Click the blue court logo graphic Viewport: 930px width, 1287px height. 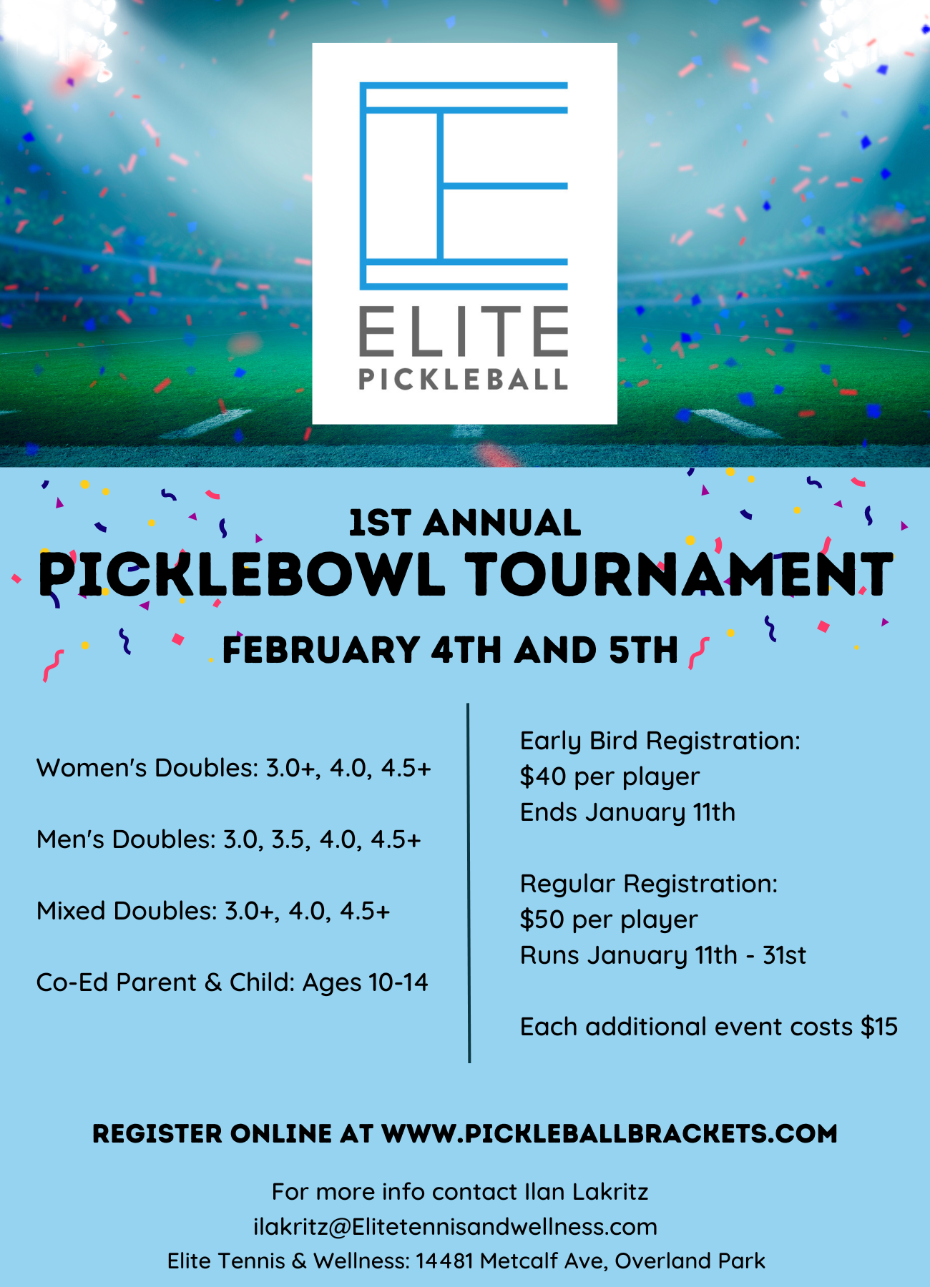pos(464,186)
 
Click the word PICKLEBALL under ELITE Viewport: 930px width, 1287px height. pos(464,379)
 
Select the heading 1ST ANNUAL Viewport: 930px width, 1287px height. pos(465,523)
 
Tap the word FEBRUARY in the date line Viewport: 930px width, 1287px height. pos(320,650)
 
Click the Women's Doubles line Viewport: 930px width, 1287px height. pos(234,768)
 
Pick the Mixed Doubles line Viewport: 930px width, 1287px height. pos(213,911)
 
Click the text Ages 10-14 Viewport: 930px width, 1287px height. pos(366,983)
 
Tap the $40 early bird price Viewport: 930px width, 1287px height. pos(542,776)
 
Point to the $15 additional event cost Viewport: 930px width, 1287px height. pos(878,1027)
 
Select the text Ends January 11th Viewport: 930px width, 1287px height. pos(627,813)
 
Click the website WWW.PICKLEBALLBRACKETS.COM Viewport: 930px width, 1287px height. pos(610,1133)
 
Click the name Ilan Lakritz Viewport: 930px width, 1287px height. pos(587,1192)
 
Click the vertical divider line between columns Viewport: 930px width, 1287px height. pos(469,883)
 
